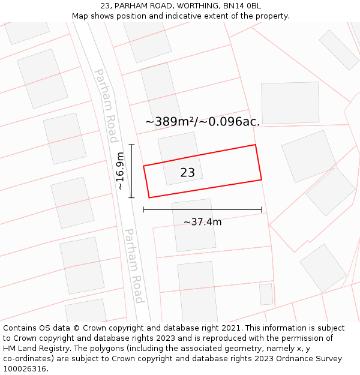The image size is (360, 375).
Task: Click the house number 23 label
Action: click(187, 173)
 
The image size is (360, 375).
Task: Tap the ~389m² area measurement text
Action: click(170, 122)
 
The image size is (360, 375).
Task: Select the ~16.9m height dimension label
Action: click(120, 171)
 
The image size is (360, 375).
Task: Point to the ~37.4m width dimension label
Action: click(202, 222)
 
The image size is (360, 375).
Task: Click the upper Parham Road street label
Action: click(106, 106)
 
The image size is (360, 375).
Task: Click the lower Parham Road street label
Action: click(134, 265)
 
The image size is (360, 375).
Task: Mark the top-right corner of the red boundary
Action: click(256, 145)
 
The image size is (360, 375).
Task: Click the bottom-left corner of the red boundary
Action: click(149, 197)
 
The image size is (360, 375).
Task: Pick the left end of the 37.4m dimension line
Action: click(143, 209)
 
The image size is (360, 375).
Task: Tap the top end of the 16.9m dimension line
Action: click(131, 145)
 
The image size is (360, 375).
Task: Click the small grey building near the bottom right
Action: click(266, 294)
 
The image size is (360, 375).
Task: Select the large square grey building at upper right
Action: click(290, 103)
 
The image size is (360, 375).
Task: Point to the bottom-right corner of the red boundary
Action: click(262, 179)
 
